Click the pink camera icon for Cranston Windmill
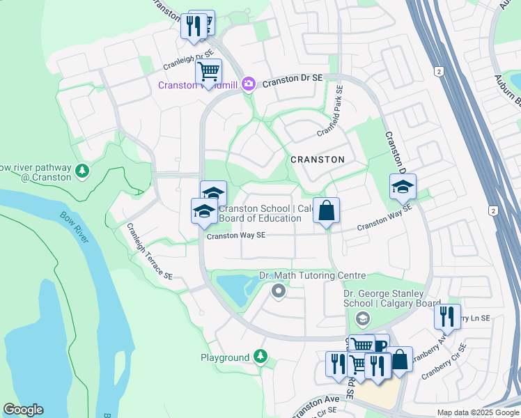point(249,84)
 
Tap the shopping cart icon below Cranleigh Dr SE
point(208,71)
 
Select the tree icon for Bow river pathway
point(82,171)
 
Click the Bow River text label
point(74,228)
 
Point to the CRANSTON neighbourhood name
point(317,160)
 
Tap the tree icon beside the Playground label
point(260,357)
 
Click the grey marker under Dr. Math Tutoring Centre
point(279,291)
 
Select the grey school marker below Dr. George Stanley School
point(361,319)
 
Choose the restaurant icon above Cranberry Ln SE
point(447,317)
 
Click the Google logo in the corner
point(23,410)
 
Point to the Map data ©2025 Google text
point(477,412)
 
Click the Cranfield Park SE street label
point(329,111)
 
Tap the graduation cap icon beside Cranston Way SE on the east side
point(403,187)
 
